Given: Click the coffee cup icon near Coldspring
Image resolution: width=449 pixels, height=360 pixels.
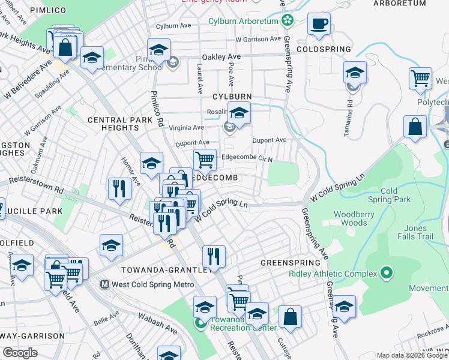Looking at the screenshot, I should click(319, 25).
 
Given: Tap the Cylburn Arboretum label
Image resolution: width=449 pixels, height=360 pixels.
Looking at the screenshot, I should click(243, 21).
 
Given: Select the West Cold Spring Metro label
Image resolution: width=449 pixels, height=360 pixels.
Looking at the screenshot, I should click(152, 284).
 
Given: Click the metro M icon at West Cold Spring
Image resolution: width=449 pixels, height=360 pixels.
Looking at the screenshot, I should click(104, 284).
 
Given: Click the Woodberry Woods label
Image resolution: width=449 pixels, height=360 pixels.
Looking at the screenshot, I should click(350, 218).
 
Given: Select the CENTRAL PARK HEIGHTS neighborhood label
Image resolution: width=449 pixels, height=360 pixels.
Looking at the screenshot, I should click(113, 124).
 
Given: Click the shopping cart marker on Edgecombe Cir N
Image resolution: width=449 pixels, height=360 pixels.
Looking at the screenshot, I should click(205, 160).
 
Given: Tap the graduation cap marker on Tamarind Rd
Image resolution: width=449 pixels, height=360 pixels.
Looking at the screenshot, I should click(355, 73).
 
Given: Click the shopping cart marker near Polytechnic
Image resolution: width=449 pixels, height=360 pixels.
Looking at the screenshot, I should click(420, 78).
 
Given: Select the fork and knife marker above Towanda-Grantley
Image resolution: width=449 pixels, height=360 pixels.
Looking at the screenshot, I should click(214, 256).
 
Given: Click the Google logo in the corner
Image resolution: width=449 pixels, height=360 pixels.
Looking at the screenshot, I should click(20, 353).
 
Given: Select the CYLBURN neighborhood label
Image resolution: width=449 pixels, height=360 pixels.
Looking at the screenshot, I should click(231, 97).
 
